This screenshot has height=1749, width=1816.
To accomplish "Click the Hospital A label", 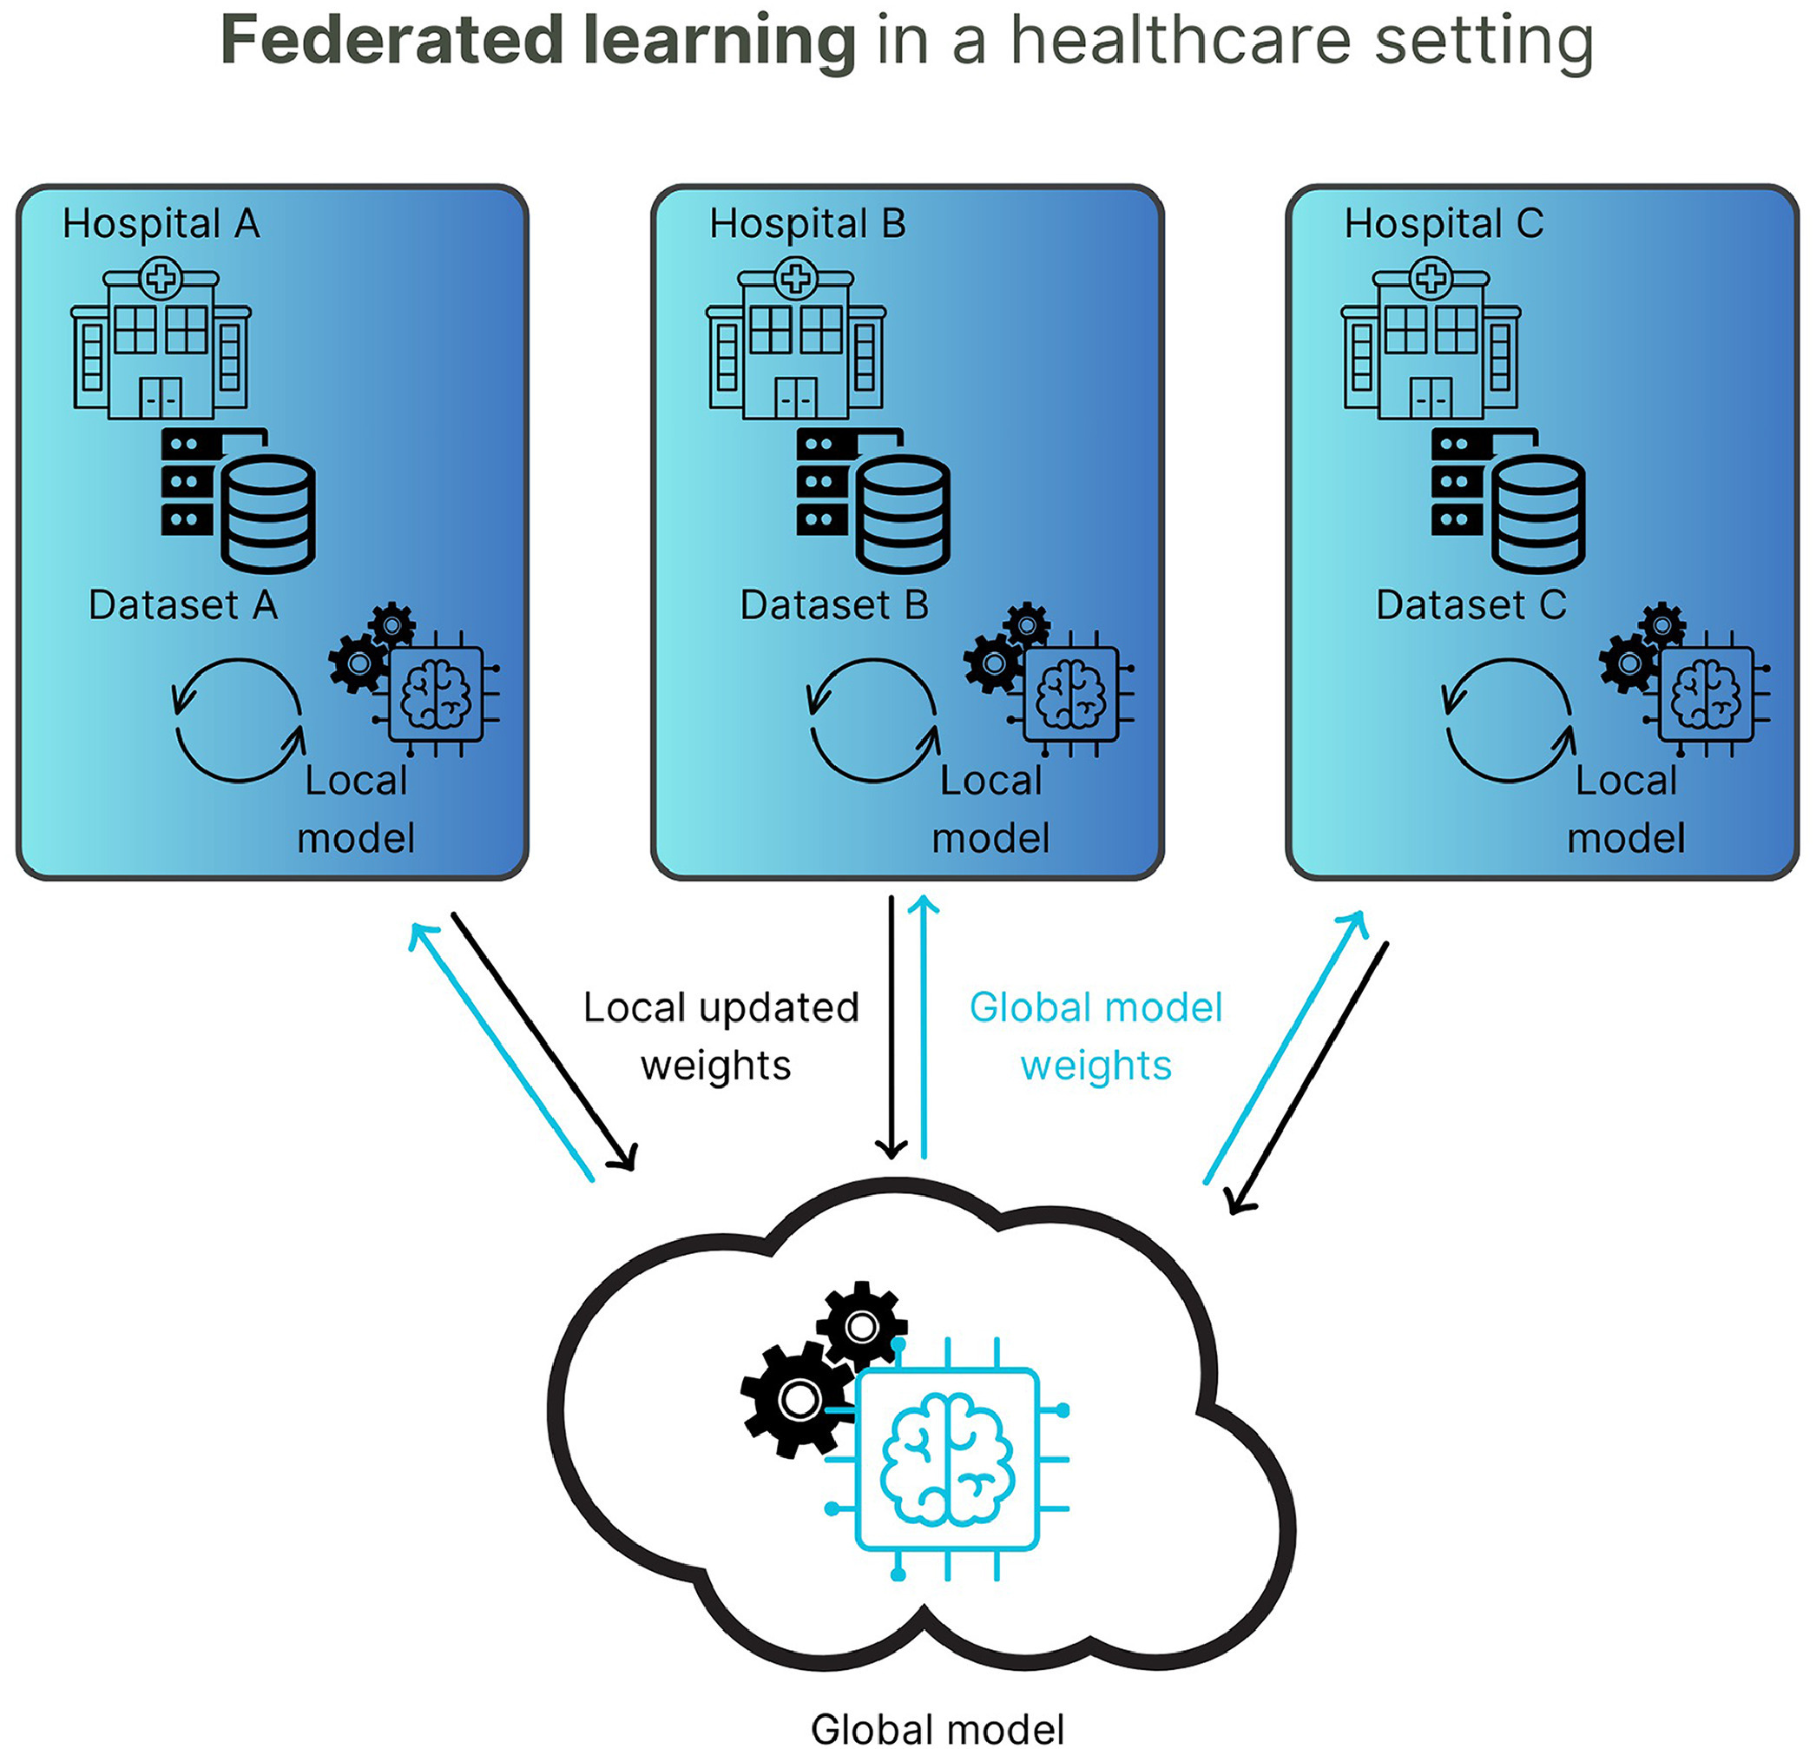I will point(161,224).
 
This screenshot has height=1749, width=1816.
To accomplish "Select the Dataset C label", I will point(1471,605).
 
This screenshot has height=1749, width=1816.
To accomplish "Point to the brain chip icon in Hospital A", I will point(436,693).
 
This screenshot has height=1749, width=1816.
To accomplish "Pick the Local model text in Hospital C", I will point(1626,809).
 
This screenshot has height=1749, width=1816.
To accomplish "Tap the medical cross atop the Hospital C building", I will point(1431,278).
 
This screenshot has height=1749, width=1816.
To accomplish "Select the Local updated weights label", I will point(720,1036).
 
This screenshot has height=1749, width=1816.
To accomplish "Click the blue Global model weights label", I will point(1096,1036).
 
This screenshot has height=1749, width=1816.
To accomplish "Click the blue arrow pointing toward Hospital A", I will point(501,1051).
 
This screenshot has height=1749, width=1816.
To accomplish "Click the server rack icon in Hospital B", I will point(822,481).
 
